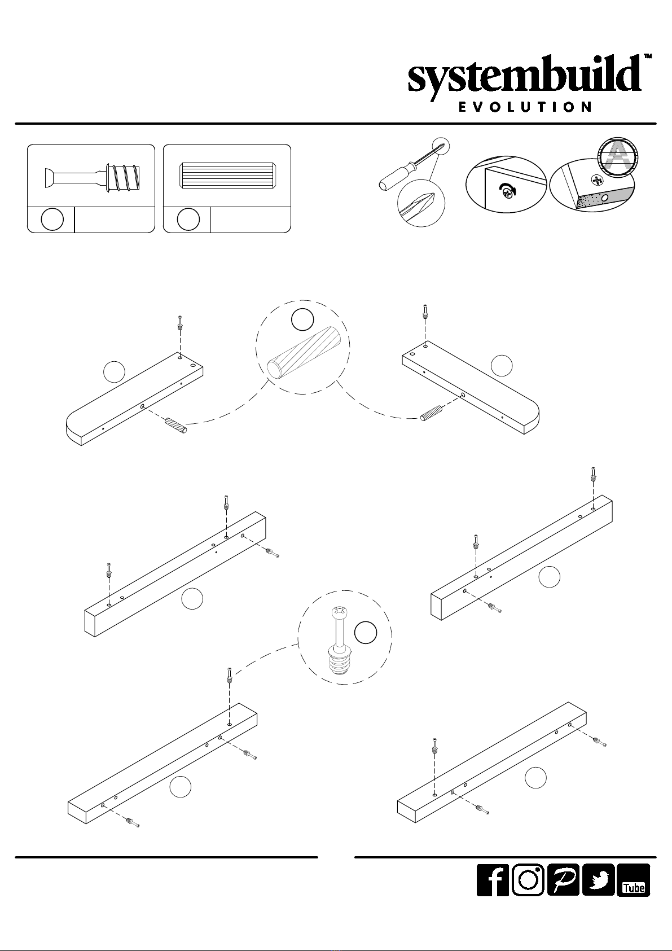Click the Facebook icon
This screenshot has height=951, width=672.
[493, 880]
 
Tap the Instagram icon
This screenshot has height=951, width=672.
[528, 880]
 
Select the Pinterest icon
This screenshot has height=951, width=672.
[563, 880]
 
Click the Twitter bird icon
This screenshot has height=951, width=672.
[598, 880]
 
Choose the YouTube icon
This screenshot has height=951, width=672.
[634, 880]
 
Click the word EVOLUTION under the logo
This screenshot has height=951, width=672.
[525, 107]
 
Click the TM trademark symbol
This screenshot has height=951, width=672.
[648, 56]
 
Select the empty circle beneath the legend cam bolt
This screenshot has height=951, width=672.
[52, 220]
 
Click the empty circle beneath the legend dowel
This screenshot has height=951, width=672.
[188, 220]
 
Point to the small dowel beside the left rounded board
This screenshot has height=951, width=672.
[175, 426]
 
